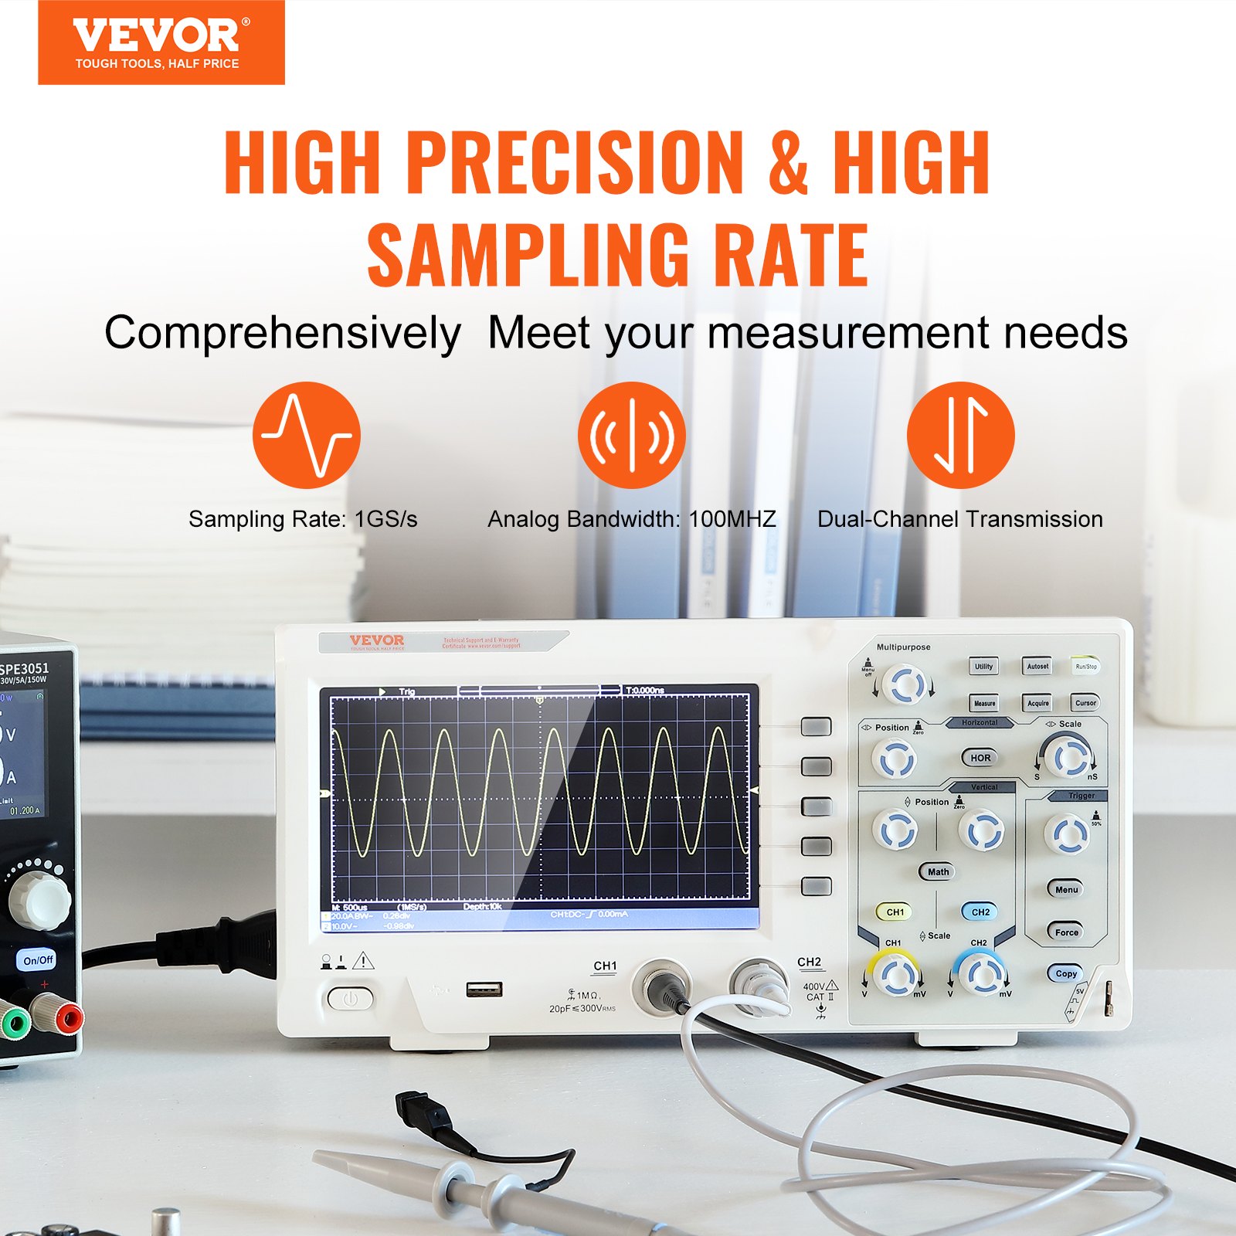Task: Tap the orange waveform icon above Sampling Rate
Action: (x=307, y=435)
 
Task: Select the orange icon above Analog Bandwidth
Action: (x=632, y=435)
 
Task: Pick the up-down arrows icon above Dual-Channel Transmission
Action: (x=960, y=435)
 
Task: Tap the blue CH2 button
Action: (x=980, y=912)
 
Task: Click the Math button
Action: (x=938, y=871)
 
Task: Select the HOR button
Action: (x=980, y=758)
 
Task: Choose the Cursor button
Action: (x=1085, y=703)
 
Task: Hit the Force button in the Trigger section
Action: (x=1066, y=932)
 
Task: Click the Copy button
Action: (x=1066, y=973)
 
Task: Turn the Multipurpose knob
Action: (x=903, y=684)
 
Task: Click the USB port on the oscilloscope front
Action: (x=484, y=990)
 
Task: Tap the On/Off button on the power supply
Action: (x=38, y=960)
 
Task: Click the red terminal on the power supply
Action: (x=67, y=1020)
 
